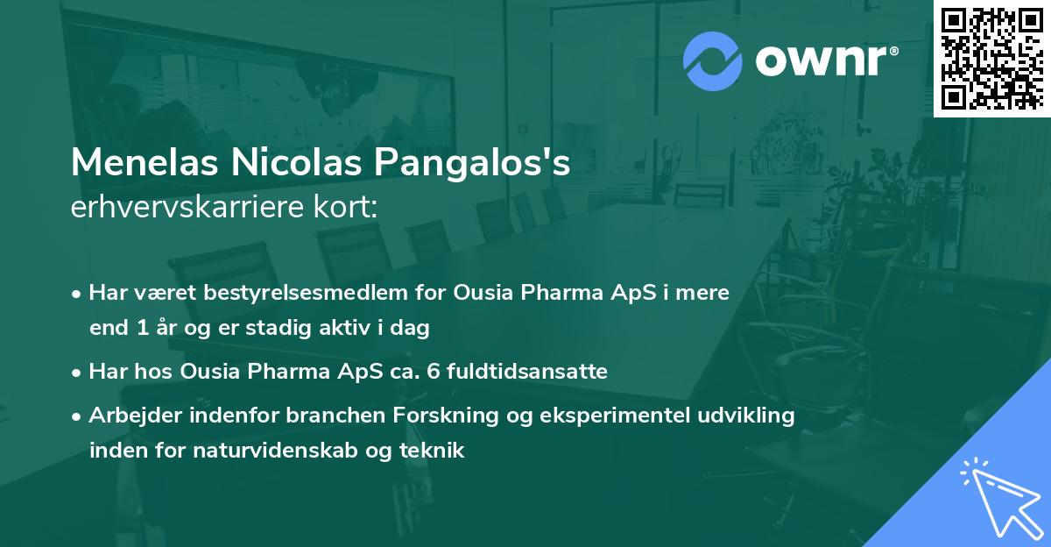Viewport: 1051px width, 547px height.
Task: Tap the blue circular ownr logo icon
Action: [712, 60]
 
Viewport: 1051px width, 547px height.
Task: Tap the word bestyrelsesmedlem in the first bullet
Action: [310, 293]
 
